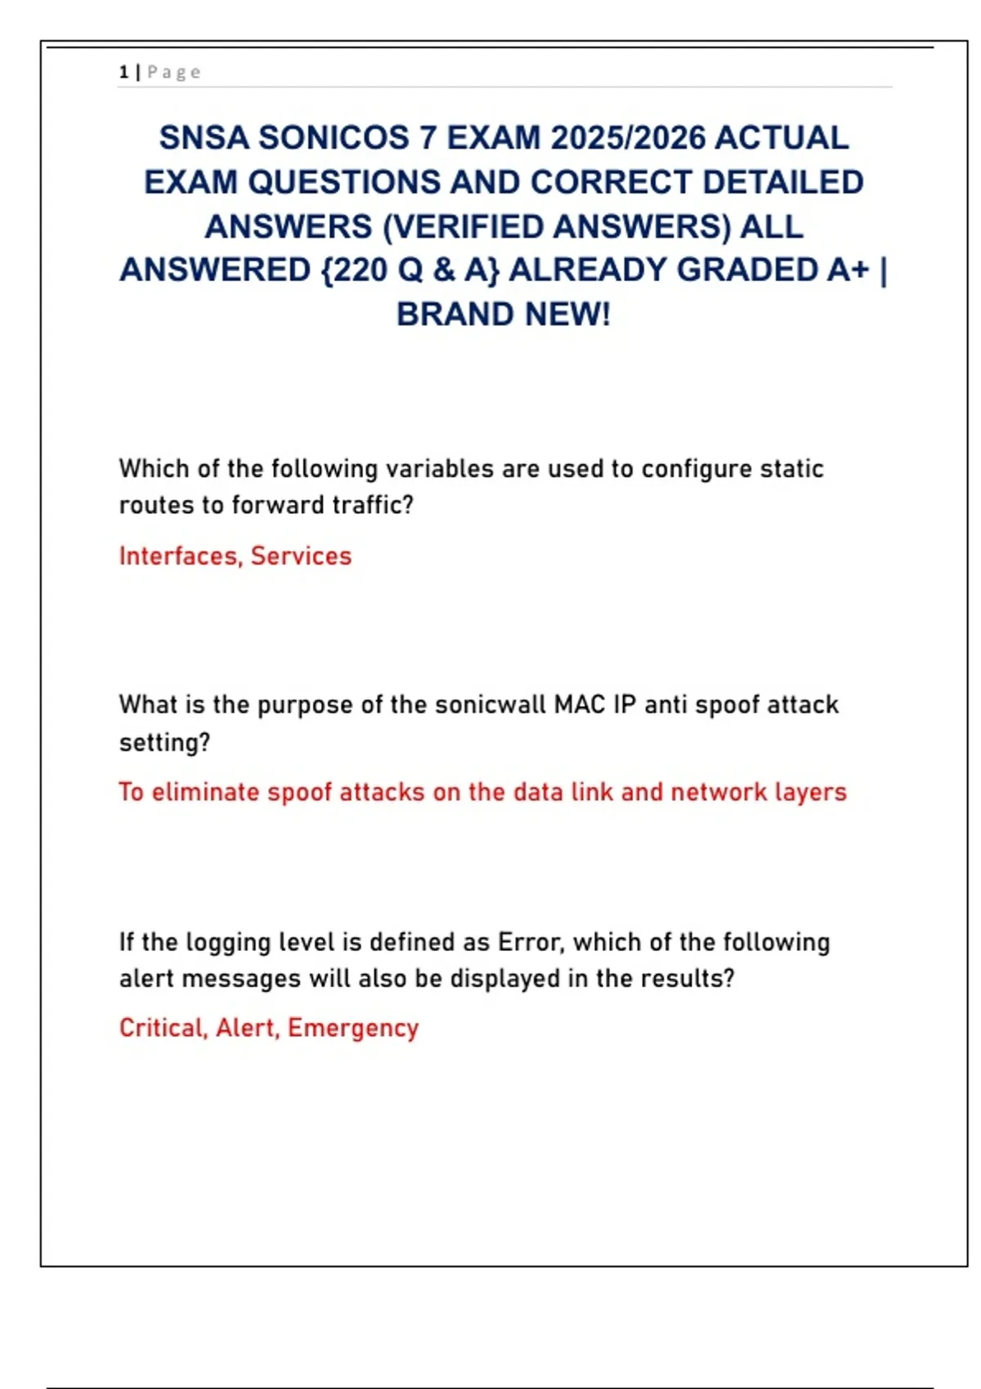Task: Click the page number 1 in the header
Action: (123, 73)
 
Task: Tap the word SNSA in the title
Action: (204, 138)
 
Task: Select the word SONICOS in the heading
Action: (334, 138)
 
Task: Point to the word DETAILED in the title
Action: (782, 182)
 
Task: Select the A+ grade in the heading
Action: (847, 270)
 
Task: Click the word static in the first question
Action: (791, 469)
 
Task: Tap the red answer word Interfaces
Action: (180, 556)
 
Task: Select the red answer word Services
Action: (301, 556)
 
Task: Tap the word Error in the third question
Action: (530, 942)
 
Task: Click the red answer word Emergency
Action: (353, 1028)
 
